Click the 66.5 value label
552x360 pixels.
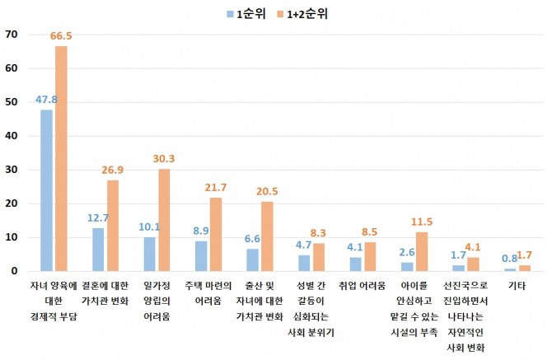point(61,36)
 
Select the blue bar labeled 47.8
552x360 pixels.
point(46,189)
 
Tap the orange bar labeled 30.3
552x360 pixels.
point(163,219)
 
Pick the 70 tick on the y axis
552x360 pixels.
point(11,35)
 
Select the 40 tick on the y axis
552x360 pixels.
point(11,136)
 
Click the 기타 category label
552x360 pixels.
point(517,285)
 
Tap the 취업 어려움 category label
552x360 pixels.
point(363,285)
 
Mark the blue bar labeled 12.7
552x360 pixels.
point(98,249)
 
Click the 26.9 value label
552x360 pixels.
point(112,171)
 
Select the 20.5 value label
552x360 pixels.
point(267,192)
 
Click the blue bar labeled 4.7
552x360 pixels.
point(304,263)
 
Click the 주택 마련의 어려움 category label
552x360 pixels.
point(208,292)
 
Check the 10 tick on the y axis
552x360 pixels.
point(11,237)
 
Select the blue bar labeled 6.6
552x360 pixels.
point(253,259)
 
